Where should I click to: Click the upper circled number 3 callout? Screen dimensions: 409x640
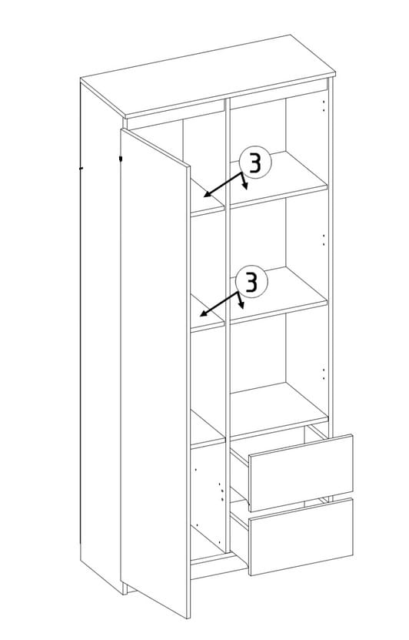coord(255,163)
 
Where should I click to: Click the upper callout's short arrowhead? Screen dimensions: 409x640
coord(245,187)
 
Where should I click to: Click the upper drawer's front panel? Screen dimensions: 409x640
coord(301,472)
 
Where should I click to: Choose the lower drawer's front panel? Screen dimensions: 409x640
coord(301,537)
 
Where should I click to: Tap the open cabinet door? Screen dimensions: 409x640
coord(155,373)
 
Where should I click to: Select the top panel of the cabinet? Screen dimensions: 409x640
coord(208,76)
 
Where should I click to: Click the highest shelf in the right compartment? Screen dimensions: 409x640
coord(279,179)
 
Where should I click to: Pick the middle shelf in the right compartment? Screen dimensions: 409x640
coord(279,295)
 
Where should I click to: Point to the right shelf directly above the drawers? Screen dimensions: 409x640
coord(279,410)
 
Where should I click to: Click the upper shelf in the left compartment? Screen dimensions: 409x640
coord(208,198)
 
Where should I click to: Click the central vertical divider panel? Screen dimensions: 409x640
coord(228,327)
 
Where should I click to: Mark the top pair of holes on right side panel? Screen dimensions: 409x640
coord(324,106)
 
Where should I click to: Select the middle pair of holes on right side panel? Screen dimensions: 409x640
coord(324,240)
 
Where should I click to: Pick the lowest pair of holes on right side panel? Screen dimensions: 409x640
coord(324,375)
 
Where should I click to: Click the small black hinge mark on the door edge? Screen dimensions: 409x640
coord(121,158)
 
